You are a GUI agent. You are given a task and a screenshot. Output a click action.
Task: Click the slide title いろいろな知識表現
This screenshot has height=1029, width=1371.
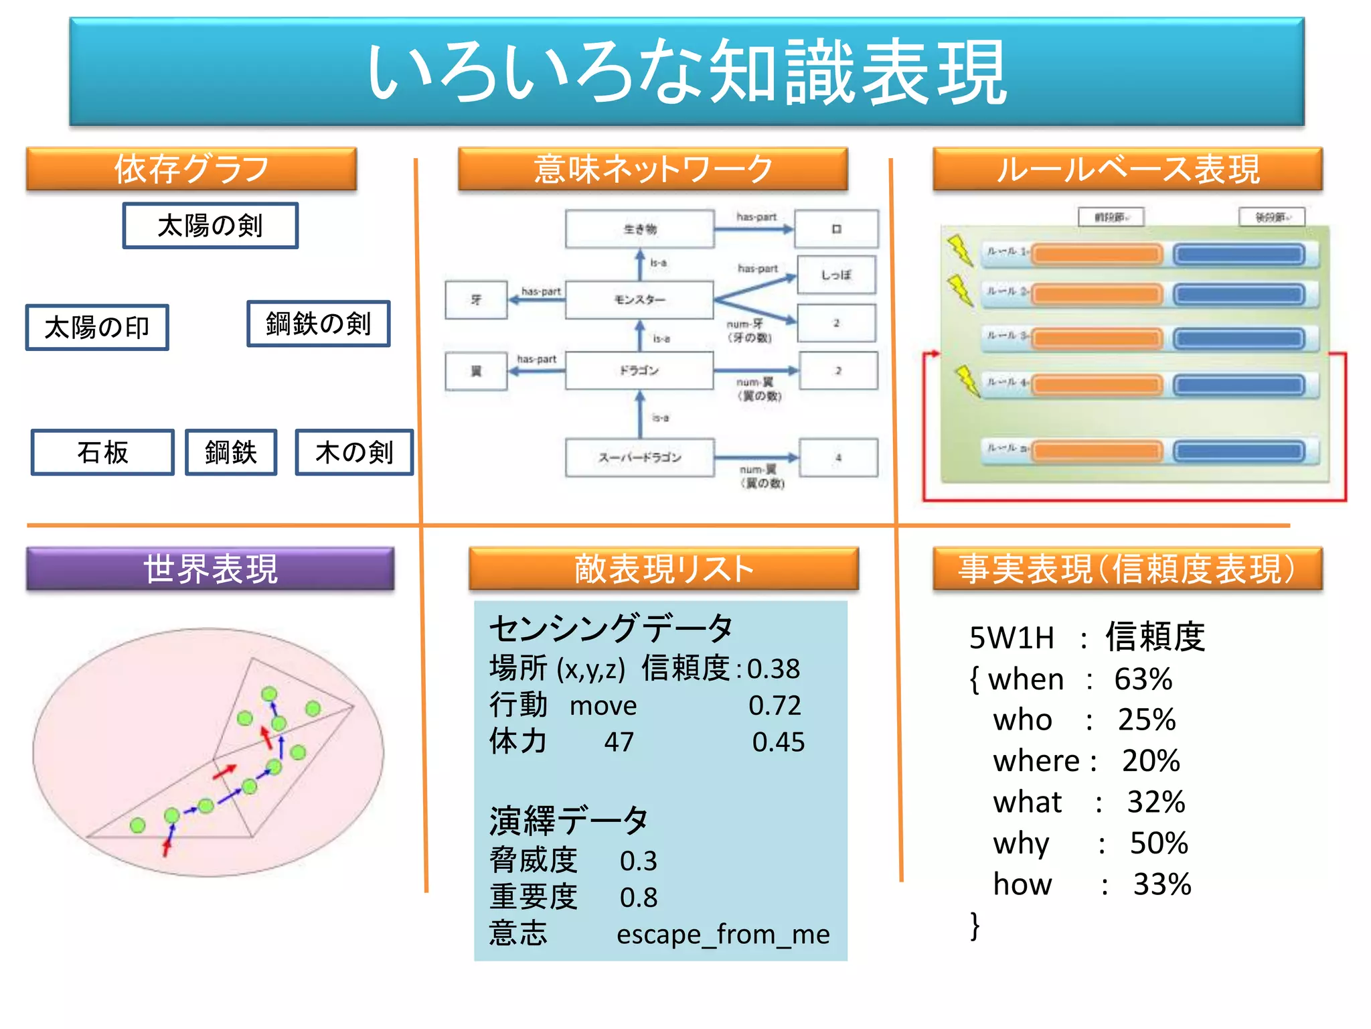tap(686, 72)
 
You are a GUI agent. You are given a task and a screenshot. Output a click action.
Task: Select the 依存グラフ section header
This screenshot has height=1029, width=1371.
tap(191, 169)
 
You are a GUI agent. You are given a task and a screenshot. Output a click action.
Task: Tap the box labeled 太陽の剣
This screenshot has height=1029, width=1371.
tap(210, 226)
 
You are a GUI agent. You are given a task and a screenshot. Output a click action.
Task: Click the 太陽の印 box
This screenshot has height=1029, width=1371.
tap(97, 328)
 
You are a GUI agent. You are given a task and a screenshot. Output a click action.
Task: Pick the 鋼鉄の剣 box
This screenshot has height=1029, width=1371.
tap(319, 324)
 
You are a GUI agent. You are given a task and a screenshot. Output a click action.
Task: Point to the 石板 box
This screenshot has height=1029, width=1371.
tap(102, 452)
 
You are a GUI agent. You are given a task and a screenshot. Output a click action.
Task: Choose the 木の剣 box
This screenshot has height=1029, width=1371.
tap(354, 452)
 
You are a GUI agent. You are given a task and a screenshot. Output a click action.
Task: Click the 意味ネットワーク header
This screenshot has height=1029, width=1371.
tap(653, 169)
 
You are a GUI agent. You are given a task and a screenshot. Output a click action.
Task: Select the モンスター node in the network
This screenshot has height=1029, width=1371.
tap(639, 299)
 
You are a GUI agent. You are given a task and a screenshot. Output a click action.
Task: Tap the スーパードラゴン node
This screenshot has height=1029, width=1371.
tap(639, 458)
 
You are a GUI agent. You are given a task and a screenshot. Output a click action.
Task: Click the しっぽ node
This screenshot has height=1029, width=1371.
tap(836, 275)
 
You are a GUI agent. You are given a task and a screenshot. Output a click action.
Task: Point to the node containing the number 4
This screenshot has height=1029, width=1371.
tap(838, 458)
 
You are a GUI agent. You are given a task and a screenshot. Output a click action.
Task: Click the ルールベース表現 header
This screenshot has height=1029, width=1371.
tap(1127, 169)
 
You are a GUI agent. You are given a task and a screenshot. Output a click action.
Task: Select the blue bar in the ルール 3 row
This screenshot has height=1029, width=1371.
tap(1239, 338)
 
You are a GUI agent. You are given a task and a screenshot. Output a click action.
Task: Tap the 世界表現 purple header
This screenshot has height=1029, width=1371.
tap(210, 569)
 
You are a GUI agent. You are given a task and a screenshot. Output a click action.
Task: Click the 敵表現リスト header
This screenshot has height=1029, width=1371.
tap(663, 569)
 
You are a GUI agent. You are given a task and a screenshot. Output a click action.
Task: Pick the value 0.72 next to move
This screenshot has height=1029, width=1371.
tap(775, 705)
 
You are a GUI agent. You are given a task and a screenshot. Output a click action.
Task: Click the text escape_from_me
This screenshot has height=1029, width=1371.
tap(723, 934)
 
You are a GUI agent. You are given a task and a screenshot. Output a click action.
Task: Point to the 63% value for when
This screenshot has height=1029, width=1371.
tap(1143, 679)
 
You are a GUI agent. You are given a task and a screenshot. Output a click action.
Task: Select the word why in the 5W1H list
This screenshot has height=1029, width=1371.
tap(1021, 843)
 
